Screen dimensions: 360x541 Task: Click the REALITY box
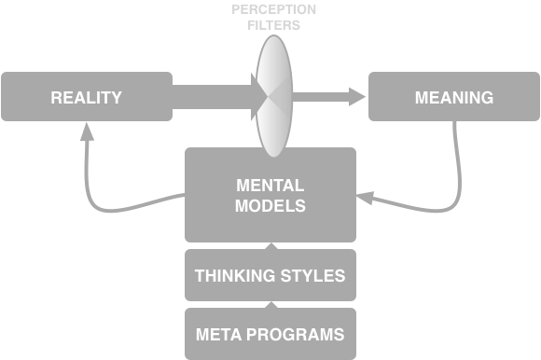(x=86, y=97)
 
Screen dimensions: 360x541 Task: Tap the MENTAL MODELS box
(x=270, y=194)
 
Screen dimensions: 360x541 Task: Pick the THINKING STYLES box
(x=270, y=275)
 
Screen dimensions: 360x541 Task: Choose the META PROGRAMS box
(x=270, y=334)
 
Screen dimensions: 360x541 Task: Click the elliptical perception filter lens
(x=274, y=96)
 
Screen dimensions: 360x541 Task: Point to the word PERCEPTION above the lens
(x=274, y=9)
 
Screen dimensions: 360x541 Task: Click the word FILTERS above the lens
(x=274, y=25)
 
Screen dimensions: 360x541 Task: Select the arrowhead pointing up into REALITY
(x=87, y=134)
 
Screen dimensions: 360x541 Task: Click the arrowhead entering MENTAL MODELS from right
(x=367, y=198)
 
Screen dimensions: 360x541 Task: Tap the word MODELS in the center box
(x=270, y=206)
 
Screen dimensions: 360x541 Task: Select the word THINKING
(x=233, y=275)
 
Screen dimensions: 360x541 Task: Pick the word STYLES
(x=312, y=275)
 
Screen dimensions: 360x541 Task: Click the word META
(x=217, y=334)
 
